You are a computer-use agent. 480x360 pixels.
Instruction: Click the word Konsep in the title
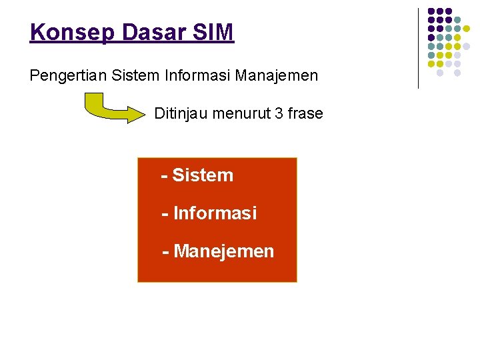click(65, 32)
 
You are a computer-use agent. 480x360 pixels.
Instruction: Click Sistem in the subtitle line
click(136, 75)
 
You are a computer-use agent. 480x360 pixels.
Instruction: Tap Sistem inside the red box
click(203, 175)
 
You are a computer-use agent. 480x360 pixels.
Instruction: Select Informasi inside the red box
click(215, 213)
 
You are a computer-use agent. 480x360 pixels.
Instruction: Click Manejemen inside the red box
click(223, 251)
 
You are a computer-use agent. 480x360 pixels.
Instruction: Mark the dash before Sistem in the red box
click(164, 175)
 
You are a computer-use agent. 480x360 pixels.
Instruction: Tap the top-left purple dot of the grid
click(431, 11)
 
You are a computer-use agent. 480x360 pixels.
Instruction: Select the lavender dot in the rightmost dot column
click(467, 46)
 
